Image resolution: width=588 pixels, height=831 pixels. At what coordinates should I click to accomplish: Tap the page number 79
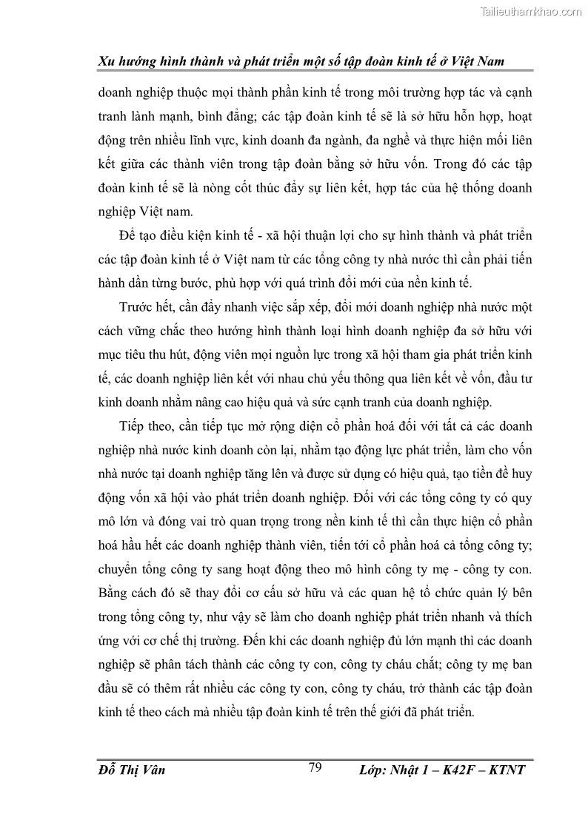click(315, 768)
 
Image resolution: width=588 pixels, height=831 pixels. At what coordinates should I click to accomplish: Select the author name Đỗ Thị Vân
click(131, 770)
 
